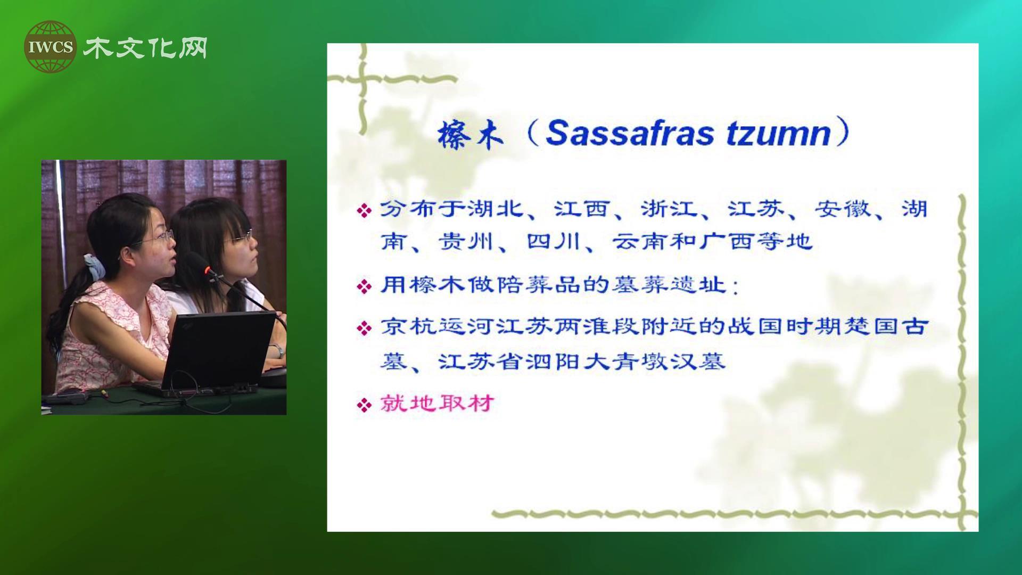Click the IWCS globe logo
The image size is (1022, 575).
[x=50, y=47]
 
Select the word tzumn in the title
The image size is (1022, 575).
[x=778, y=133]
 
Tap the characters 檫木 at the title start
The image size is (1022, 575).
[x=469, y=134]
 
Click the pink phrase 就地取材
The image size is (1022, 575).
[x=437, y=404]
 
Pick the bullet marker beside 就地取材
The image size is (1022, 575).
[x=364, y=406]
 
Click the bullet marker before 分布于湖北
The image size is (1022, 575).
[x=364, y=211]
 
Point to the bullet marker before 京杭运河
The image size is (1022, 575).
[x=364, y=328]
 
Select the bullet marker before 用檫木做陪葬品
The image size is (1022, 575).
[x=364, y=287]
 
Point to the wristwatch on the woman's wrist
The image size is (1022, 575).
[x=277, y=351]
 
